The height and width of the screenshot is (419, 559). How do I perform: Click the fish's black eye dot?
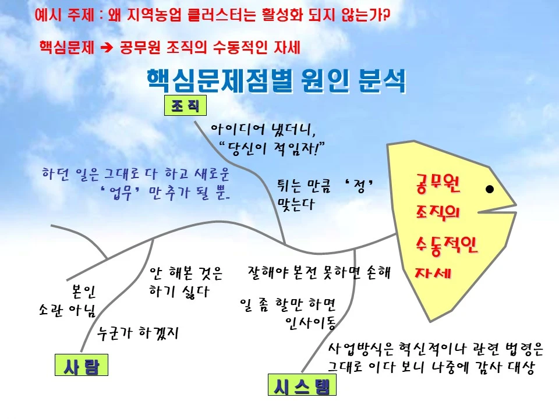490,189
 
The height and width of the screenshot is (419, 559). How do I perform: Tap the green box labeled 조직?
185,106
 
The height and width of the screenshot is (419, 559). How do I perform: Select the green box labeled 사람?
82,367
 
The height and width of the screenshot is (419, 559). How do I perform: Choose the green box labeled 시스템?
302,385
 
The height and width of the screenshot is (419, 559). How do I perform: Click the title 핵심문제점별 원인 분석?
277,82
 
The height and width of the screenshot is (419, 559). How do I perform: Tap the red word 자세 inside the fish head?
431,272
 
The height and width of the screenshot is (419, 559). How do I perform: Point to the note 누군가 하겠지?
138,333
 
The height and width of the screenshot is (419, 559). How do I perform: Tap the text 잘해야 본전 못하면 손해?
319,272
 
